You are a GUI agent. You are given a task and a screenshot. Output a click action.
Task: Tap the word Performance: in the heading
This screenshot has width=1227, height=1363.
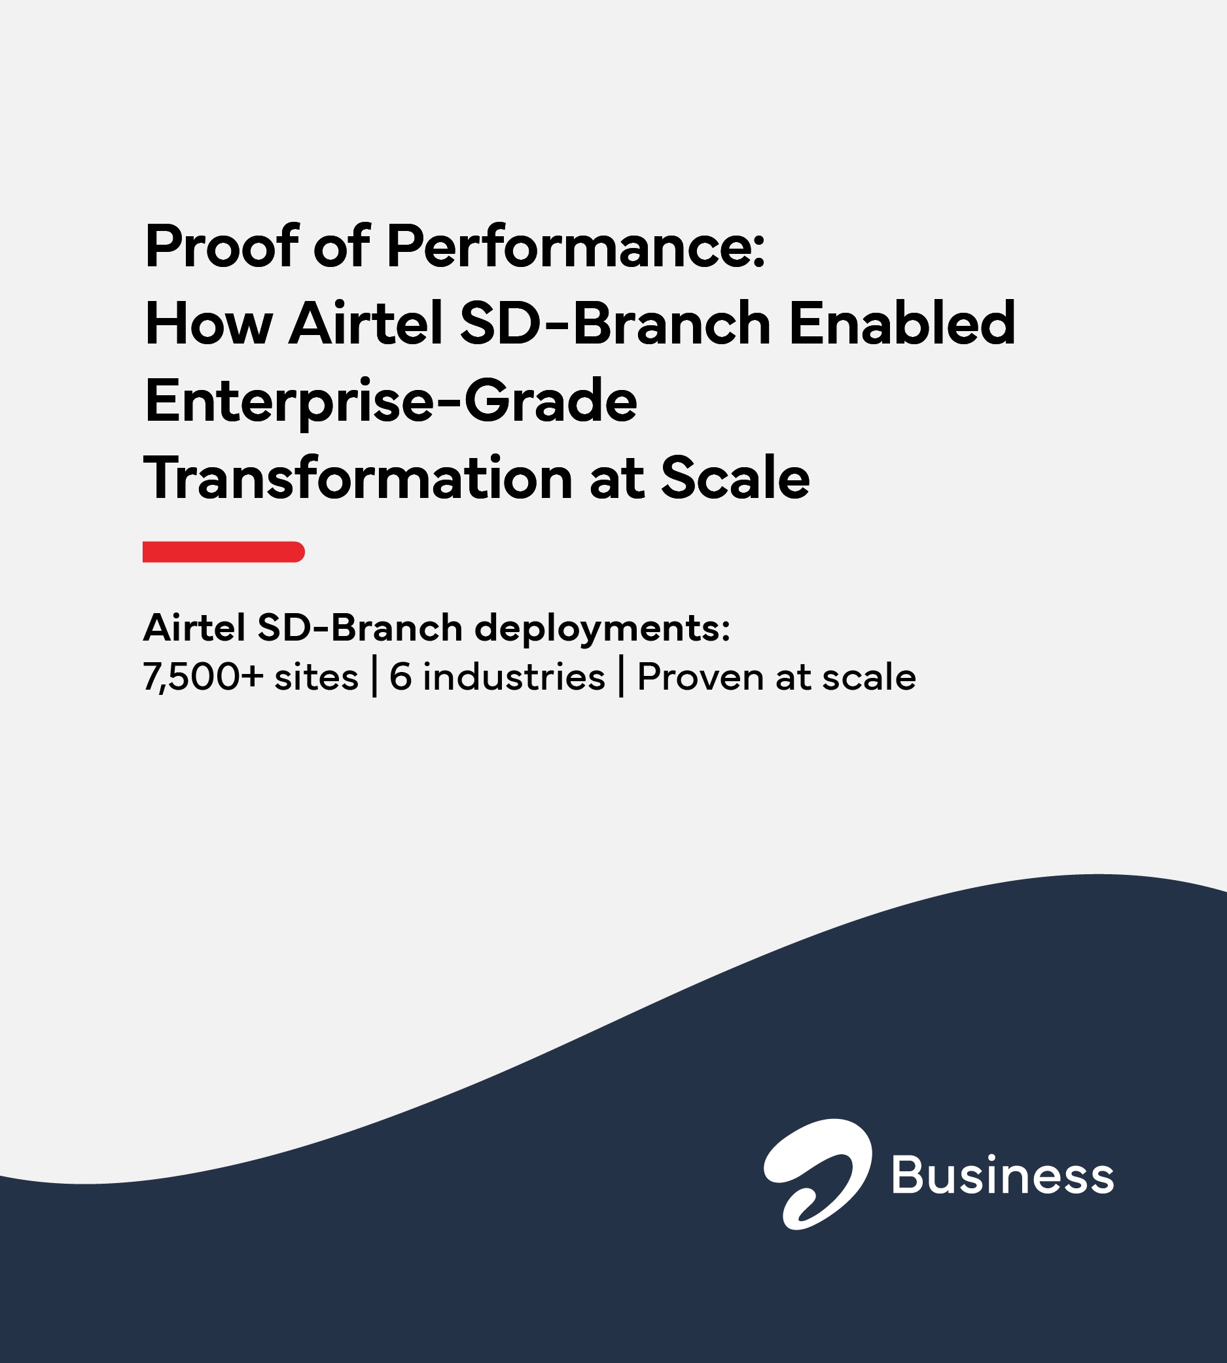click(x=576, y=247)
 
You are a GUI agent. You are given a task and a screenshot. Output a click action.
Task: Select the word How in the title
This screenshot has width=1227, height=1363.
click(x=208, y=325)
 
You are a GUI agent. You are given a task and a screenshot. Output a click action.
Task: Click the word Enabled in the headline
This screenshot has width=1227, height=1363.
click(x=901, y=325)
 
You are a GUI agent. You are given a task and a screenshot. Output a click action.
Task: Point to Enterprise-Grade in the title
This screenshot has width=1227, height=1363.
click(x=391, y=402)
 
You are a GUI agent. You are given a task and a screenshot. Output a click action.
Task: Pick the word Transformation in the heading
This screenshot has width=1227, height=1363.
click(x=358, y=478)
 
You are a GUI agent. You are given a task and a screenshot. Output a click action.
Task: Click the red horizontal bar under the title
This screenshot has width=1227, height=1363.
click(x=223, y=552)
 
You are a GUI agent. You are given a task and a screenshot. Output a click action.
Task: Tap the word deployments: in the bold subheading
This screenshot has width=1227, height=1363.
click(x=602, y=628)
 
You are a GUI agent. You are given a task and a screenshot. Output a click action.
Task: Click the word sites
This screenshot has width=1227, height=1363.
click(x=316, y=677)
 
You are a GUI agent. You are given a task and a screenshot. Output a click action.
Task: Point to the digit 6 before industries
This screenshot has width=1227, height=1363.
click(x=400, y=677)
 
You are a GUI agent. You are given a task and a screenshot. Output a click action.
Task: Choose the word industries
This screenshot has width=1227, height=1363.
click(x=514, y=677)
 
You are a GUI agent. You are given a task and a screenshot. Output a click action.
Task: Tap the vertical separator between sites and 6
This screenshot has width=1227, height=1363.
click(x=374, y=677)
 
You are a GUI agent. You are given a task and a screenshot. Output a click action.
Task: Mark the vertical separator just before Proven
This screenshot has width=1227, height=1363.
click(x=621, y=677)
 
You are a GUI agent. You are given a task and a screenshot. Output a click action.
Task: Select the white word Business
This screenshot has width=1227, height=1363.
click(x=1003, y=1175)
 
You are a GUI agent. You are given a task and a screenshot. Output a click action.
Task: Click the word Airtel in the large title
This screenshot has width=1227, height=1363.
click(x=365, y=325)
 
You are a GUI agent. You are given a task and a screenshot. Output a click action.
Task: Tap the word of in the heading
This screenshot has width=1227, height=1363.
click(x=341, y=247)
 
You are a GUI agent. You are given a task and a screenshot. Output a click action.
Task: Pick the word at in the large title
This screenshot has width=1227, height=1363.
click(x=616, y=478)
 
